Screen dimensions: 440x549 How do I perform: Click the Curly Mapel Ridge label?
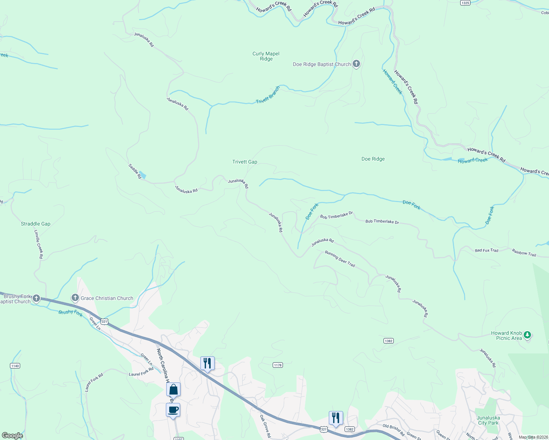266,56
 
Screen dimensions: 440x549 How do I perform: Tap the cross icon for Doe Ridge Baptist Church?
356,64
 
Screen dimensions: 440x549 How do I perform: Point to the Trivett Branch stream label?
268,95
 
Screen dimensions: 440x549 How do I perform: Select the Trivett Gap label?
245,162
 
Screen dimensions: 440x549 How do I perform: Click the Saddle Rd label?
135,171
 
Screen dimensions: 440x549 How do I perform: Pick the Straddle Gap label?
36,224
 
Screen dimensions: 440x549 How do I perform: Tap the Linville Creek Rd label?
39,244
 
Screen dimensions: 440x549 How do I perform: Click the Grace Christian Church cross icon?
75,298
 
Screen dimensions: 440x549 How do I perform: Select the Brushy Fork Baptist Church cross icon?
36,298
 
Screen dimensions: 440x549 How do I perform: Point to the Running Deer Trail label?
340,259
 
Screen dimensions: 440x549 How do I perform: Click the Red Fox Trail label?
487,250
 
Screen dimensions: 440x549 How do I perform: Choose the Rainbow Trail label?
524,253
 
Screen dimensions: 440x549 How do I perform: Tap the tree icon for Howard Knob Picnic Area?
527,335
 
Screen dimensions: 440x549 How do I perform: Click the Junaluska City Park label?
488,420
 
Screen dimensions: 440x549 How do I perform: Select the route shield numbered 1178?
278,365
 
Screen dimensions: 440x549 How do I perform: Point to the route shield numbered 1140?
15,366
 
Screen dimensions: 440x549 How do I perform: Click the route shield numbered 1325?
465,3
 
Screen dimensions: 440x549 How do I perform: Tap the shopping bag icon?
173,389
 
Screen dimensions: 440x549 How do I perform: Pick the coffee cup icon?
173,410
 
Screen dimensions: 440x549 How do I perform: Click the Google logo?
12,436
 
